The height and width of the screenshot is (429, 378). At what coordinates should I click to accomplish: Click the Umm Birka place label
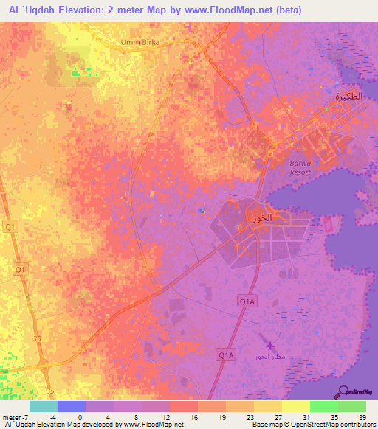point(141,42)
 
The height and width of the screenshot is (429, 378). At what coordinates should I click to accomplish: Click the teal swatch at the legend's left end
point(43,406)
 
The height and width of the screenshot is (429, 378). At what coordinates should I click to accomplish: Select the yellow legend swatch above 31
point(295,406)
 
